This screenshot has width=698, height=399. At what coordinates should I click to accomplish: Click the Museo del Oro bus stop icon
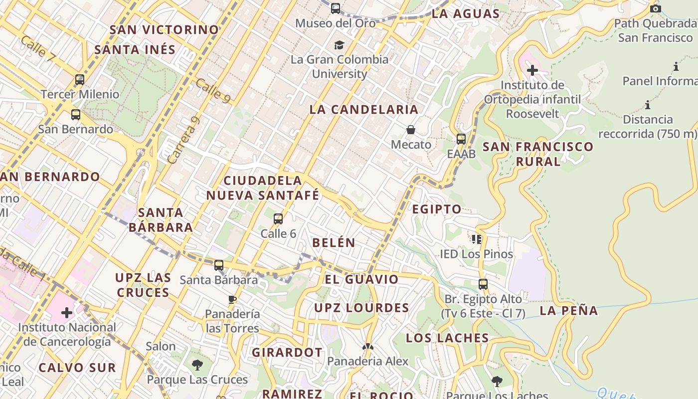(x=336, y=8)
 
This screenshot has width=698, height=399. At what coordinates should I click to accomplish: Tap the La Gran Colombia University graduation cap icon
(x=340, y=45)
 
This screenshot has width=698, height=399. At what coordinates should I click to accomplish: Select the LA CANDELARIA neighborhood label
(x=364, y=110)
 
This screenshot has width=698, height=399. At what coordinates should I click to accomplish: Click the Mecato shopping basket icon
(x=411, y=130)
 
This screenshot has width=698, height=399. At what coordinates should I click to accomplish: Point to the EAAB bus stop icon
(x=461, y=139)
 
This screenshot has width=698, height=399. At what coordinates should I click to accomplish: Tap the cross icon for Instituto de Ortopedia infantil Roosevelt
(x=532, y=70)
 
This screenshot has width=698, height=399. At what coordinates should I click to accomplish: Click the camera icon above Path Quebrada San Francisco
(x=656, y=8)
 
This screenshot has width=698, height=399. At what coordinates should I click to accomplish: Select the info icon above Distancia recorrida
(x=648, y=105)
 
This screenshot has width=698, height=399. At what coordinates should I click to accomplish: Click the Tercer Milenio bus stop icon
(x=80, y=79)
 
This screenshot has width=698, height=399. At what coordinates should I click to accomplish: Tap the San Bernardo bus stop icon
(x=76, y=115)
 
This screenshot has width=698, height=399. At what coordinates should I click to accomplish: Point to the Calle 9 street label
(x=213, y=91)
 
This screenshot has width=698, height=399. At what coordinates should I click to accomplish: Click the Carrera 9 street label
(x=183, y=141)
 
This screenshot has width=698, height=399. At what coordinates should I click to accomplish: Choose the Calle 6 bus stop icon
(x=278, y=219)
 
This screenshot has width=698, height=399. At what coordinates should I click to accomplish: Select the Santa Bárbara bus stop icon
(x=219, y=265)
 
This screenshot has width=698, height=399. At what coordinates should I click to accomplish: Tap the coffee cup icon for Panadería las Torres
(x=232, y=299)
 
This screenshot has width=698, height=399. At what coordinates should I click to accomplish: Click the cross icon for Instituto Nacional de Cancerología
(x=67, y=313)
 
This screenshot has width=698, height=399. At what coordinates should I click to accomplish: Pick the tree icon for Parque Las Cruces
(x=197, y=365)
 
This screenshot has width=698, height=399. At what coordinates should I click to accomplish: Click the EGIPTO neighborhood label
(x=437, y=209)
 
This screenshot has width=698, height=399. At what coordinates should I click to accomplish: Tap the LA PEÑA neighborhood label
(x=569, y=311)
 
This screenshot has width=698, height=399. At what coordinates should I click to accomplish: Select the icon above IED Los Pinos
(x=477, y=239)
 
